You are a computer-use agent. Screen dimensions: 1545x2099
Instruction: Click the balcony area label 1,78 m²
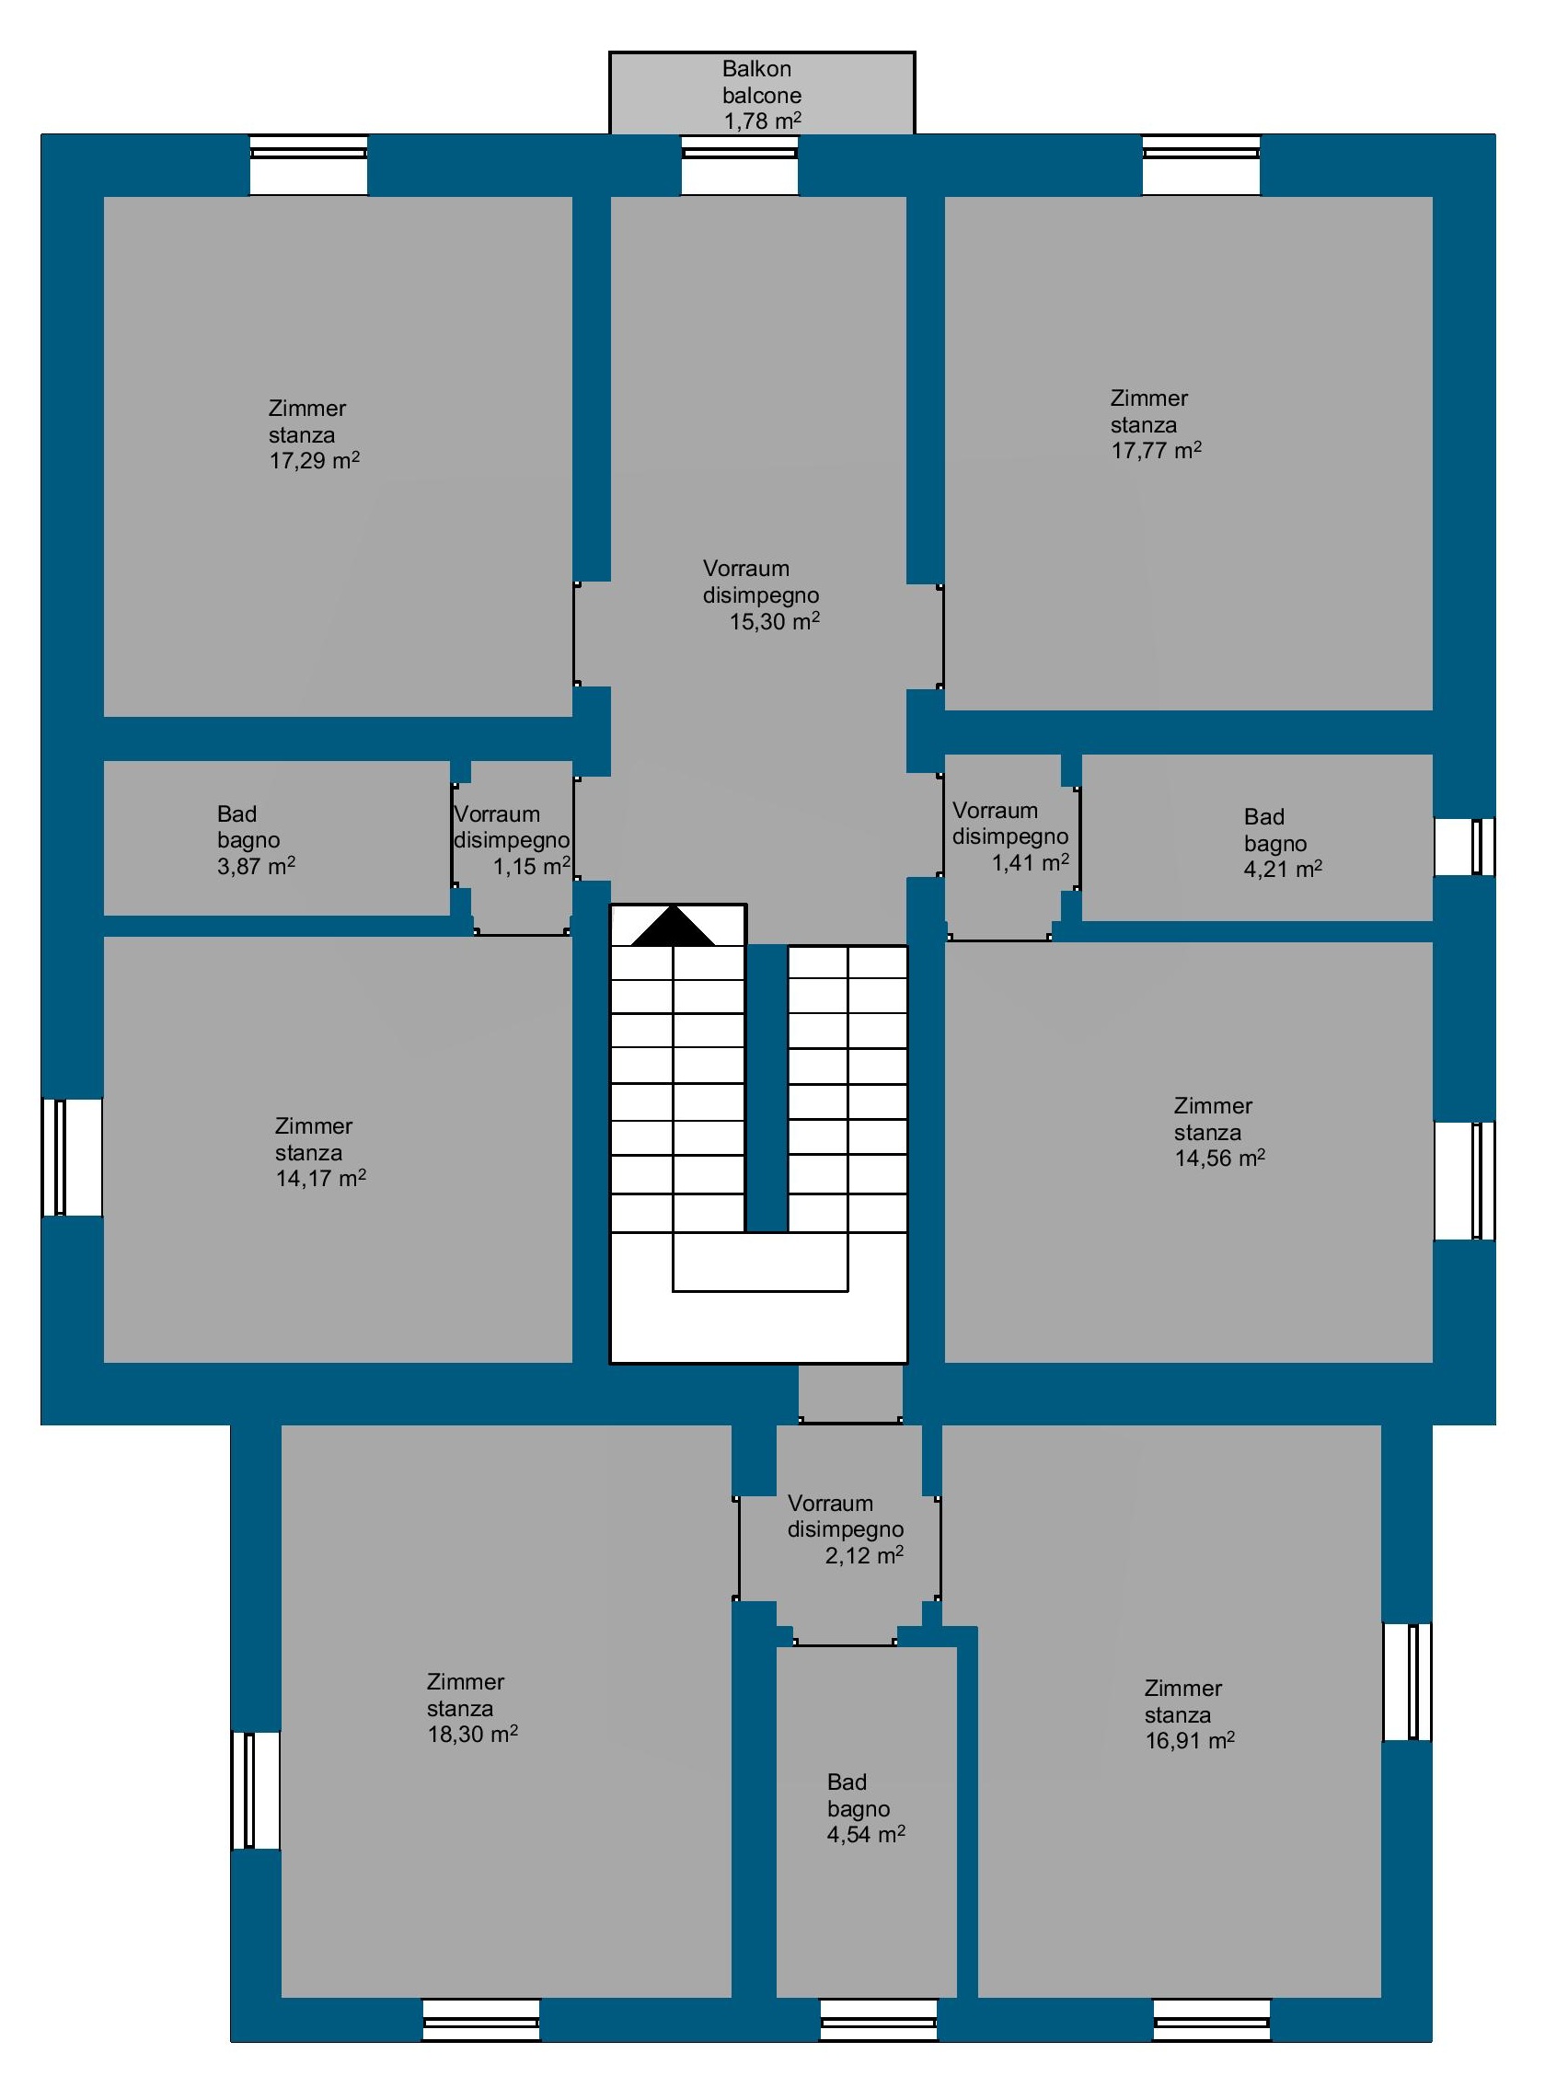[x=762, y=121]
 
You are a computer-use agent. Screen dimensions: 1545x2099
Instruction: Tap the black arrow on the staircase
[x=674, y=926]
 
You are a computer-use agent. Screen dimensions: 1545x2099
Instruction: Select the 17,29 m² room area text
[x=314, y=460]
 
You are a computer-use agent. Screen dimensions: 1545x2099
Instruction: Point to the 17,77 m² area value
[x=1156, y=450]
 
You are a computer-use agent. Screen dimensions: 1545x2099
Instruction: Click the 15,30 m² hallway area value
[x=775, y=621]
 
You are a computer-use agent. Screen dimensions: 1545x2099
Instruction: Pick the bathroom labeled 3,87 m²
[x=277, y=838]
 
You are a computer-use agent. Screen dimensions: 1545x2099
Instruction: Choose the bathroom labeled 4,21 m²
[x=1257, y=837]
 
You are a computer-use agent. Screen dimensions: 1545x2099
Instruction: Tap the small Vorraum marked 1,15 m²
[x=513, y=848]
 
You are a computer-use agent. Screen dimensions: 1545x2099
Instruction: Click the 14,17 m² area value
[x=321, y=1179]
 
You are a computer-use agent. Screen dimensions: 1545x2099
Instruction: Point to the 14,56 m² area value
[x=1219, y=1158]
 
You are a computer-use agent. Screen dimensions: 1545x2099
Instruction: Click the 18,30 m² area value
[x=472, y=1734]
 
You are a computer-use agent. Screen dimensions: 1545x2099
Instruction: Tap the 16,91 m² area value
[x=1190, y=1740]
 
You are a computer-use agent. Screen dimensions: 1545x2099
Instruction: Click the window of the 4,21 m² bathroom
[x=1465, y=847]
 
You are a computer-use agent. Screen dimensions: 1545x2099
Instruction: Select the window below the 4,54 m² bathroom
[x=879, y=2021]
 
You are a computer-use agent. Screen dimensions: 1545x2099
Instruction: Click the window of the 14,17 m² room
[x=72, y=1157]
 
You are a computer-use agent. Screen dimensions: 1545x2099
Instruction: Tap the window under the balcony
[x=740, y=165]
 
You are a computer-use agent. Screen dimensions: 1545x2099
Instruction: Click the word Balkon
[x=756, y=69]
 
